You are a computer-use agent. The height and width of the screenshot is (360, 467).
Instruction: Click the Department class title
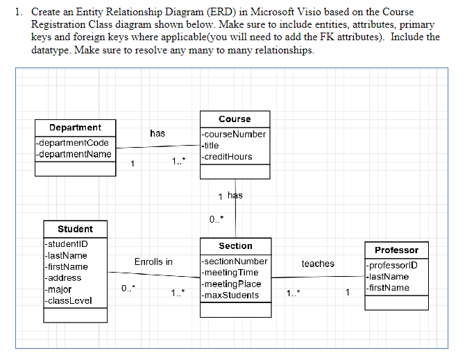pyautogui.click(x=75, y=128)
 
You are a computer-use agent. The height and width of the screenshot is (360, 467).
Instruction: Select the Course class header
pyautogui.click(x=235, y=119)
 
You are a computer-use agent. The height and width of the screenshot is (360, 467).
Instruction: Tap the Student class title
pyautogui.click(x=75, y=229)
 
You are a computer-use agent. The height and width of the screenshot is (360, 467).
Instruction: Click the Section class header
pyautogui.click(x=235, y=246)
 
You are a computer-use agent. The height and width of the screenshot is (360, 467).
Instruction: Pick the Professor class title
pyautogui.click(x=396, y=250)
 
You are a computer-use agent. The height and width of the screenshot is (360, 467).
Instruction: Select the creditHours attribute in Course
pyautogui.click(x=228, y=157)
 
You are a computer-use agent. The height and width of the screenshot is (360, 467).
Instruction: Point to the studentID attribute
pyautogui.click(x=65, y=244)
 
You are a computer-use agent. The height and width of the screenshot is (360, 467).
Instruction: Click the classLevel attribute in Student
pyautogui.click(x=67, y=300)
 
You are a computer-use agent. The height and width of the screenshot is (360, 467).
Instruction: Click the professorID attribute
pyautogui.click(x=393, y=266)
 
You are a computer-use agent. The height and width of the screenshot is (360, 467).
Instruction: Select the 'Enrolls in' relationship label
pyautogui.click(x=153, y=262)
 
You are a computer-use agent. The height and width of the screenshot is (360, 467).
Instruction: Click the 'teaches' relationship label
pyautogui.click(x=318, y=264)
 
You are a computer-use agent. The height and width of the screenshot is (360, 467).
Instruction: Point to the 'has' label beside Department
pyautogui.click(x=158, y=133)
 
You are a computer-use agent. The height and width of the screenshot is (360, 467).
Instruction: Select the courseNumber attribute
pyautogui.click(x=234, y=135)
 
